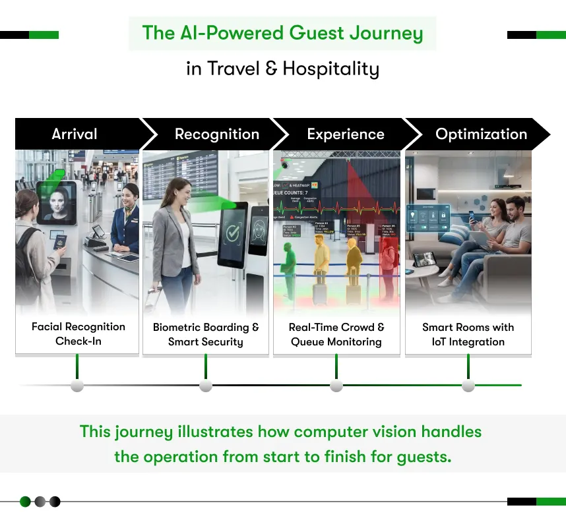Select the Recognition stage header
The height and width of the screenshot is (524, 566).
(x=216, y=134)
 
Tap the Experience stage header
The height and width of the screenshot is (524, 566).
(x=345, y=134)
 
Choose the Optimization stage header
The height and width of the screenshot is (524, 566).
(x=481, y=134)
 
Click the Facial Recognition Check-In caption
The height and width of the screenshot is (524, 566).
(x=78, y=334)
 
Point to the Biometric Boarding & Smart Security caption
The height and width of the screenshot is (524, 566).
(x=206, y=334)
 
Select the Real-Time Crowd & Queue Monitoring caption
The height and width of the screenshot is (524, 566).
(x=336, y=334)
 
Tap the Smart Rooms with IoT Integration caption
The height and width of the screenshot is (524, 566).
(x=468, y=334)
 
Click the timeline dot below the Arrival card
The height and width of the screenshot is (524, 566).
(x=77, y=386)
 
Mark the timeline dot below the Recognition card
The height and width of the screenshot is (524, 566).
(x=206, y=386)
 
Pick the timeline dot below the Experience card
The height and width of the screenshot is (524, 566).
(x=336, y=386)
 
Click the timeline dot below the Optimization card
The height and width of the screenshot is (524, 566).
(x=468, y=386)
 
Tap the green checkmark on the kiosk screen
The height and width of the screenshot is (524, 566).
(x=234, y=233)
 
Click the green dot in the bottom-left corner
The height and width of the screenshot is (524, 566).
(x=25, y=502)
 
